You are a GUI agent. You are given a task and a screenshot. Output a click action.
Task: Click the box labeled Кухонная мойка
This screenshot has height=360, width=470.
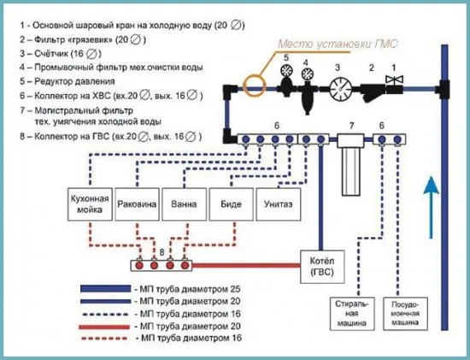tap(90, 204)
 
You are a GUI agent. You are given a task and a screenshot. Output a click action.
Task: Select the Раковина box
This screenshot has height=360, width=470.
tap(137, 204)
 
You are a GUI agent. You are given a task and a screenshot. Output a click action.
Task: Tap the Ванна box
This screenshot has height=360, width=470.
tap(184, 204)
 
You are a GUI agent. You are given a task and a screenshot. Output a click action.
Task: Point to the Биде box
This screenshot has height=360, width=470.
tap(231, 204)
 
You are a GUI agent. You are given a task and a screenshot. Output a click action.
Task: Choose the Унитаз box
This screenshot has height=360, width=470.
tap(279, 204)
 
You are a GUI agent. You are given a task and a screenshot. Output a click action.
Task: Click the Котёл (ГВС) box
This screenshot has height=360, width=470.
tap(322, 267)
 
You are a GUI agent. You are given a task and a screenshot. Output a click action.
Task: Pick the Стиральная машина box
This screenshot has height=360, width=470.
tap(352, 314)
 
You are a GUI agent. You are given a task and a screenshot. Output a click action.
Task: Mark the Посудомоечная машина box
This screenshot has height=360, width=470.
tap(406, 314)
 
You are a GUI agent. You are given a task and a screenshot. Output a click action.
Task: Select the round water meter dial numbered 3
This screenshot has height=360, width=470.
tap(341, 89)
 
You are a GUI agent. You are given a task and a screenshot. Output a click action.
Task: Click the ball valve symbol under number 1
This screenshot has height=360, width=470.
tap(395, 80)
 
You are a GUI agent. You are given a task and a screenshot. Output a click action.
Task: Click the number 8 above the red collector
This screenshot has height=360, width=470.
tap(162, 252)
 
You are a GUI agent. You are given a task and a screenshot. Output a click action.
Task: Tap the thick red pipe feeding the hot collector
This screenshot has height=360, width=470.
tap(246, 265)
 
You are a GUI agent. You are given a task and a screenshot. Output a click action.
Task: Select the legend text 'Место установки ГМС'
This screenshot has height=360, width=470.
tap(338, 44)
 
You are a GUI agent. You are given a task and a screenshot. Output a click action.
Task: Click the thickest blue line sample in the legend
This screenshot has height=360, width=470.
tap(105, 289)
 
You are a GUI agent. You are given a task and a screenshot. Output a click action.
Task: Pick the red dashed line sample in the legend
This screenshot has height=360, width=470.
tap(105, 338)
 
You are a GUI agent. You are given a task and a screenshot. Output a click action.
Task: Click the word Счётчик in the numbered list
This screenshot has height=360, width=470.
tap(52, 53)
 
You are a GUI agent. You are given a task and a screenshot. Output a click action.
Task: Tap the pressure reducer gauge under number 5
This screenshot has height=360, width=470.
tap(286, 70)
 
